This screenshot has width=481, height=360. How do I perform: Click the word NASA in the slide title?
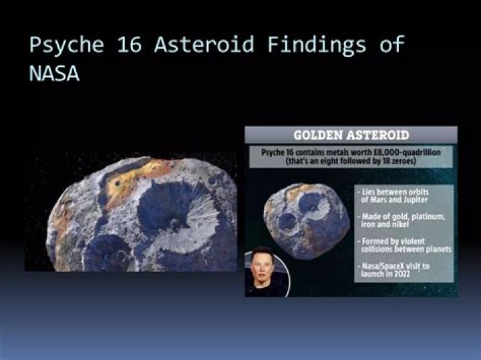pos(53,73)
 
